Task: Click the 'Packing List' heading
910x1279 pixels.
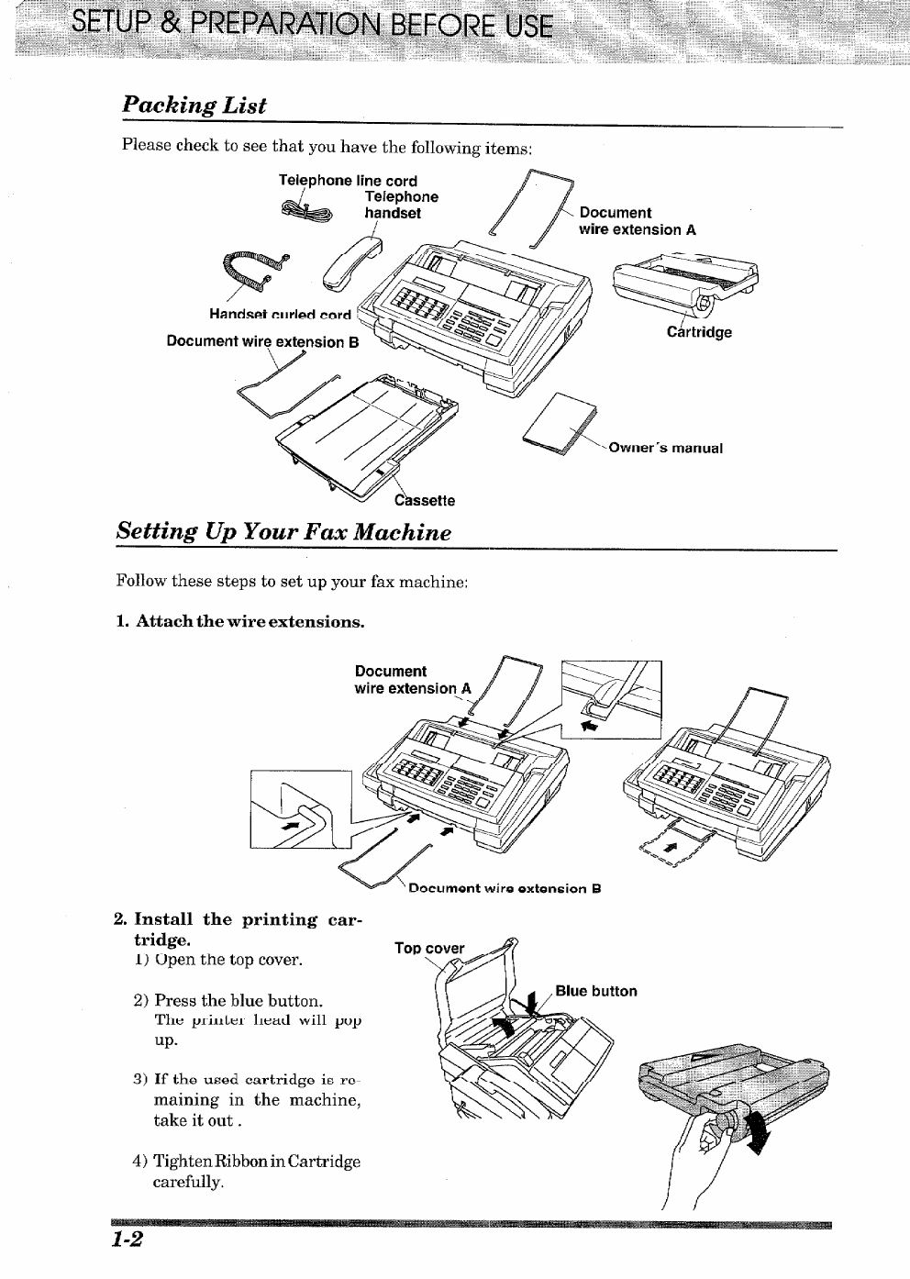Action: (194, 105)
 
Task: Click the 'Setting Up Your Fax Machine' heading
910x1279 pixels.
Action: (284, 532)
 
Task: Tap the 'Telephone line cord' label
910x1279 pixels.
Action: (348, 181)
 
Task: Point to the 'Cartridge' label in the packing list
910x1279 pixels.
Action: (699, 332)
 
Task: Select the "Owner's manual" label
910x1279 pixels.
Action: (666, 449)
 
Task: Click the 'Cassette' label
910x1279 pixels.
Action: (424, 501)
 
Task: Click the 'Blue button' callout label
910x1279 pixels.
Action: (595, 991)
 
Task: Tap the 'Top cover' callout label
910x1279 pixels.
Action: (429, 949)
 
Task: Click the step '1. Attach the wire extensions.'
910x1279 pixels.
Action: (240, 622)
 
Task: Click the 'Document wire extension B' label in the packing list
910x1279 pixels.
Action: (262, 341)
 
